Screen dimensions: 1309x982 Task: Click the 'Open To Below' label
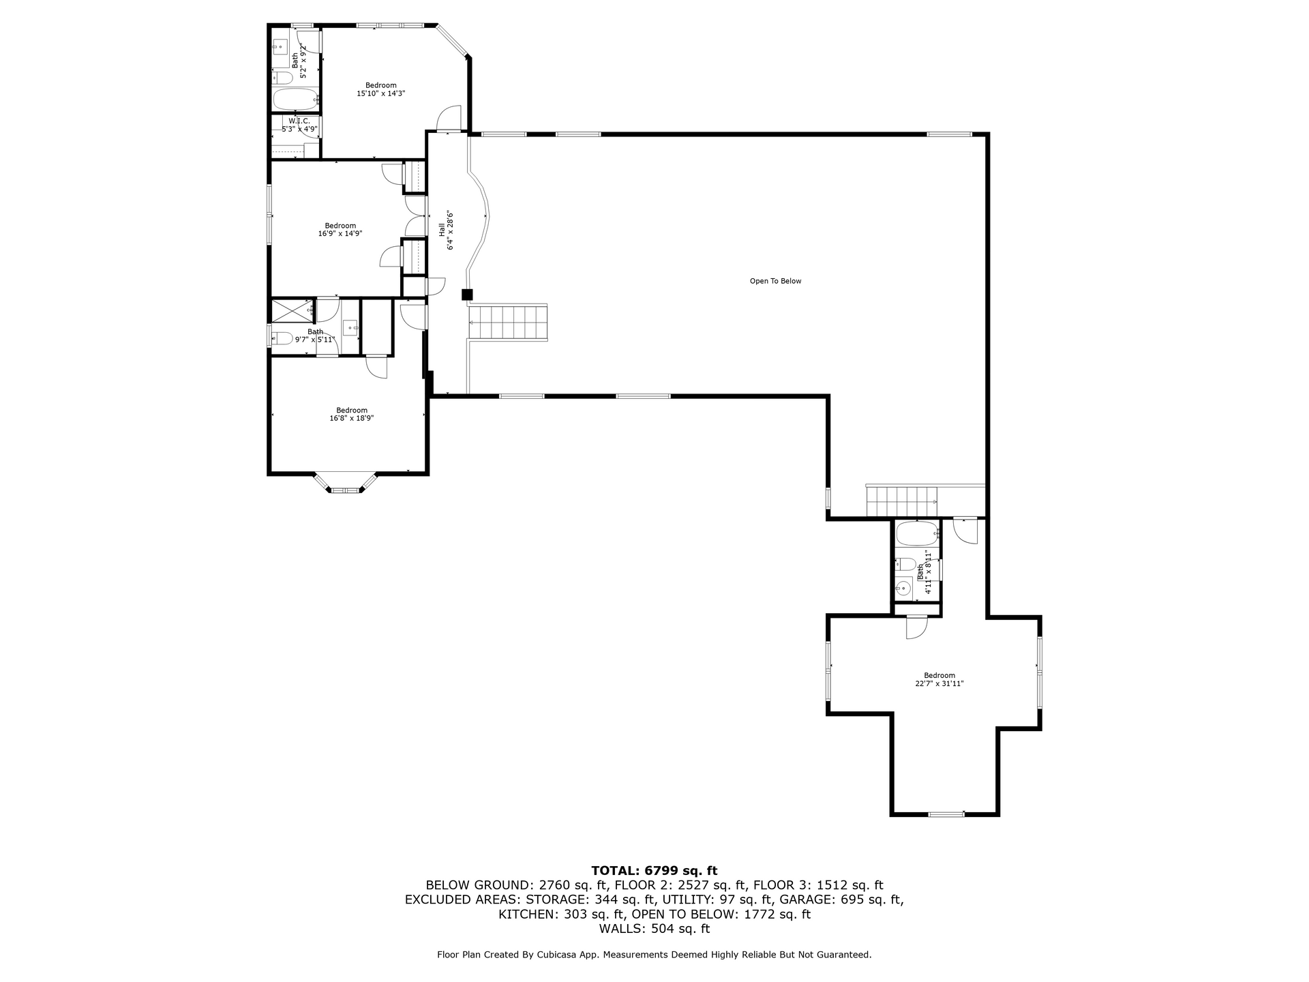tap(775, 281)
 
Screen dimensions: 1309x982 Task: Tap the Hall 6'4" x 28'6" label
tap(446, 230)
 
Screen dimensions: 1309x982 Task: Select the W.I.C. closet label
tap(299, 121)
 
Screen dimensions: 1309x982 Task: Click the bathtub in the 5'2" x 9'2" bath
tap(297, 100)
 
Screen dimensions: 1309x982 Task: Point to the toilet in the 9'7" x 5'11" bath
tap(282, 338)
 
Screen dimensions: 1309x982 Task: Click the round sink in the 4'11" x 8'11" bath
tap(903, 587)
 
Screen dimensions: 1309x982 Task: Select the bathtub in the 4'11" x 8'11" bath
tap(918, 533)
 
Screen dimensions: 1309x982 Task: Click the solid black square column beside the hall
tap(467, 295)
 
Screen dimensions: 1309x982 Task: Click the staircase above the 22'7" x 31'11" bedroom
tap(902, 501)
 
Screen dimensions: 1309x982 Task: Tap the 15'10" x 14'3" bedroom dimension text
tap(381, 93)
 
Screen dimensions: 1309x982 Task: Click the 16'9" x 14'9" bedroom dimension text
tap(340, 233)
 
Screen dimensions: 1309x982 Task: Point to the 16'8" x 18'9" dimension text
tap(352, 418)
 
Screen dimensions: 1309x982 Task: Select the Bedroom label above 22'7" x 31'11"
tap(939, 676)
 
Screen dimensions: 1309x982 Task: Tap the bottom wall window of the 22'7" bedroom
tap(946, 814)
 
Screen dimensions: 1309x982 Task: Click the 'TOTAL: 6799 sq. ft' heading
tap(654, 870)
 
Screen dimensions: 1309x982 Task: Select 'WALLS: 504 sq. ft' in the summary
tap(654, 929)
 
